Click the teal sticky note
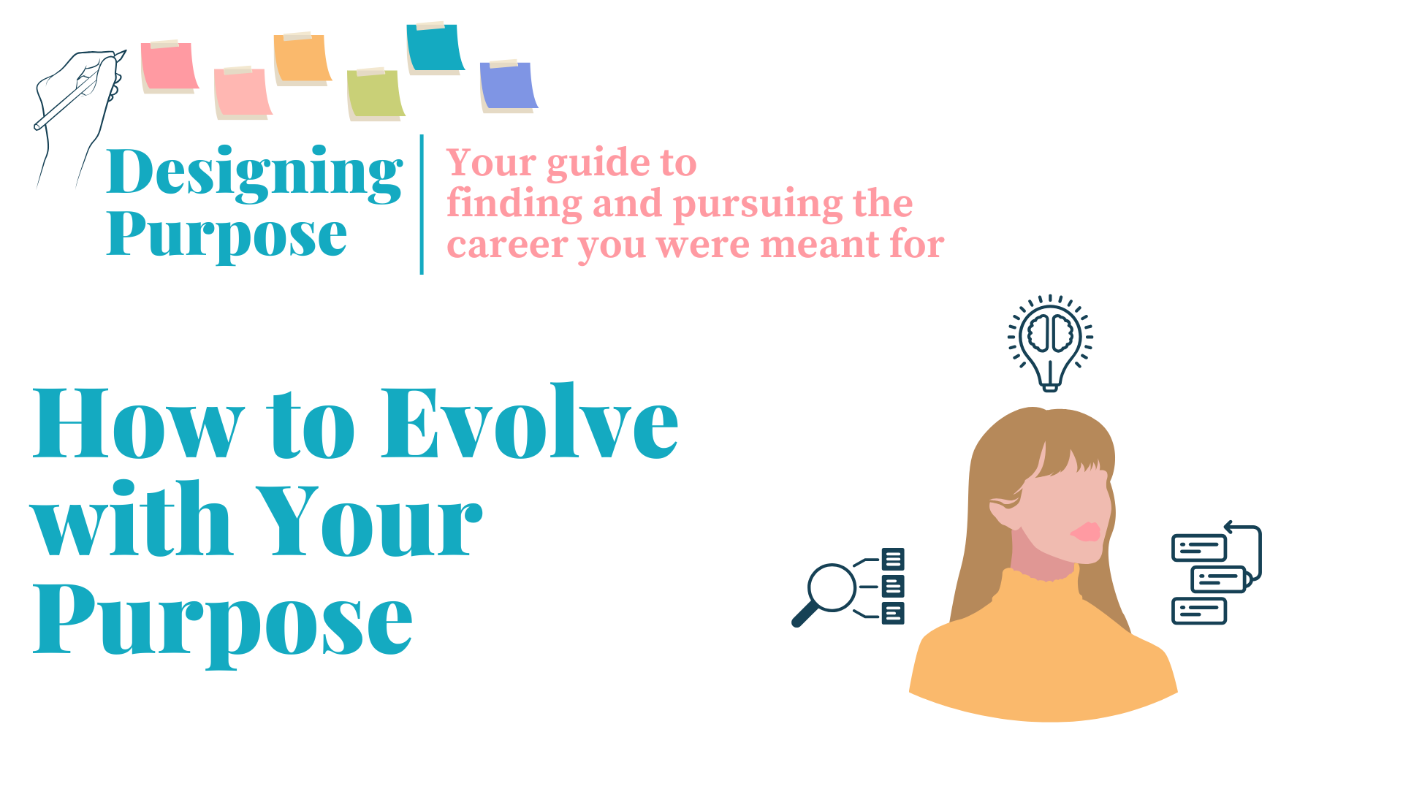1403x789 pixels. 436,48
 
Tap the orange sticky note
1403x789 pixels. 303,58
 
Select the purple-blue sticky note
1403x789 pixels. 509,86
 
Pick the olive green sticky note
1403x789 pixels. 376,94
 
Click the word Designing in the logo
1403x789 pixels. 254,174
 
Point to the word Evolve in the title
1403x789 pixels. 531,422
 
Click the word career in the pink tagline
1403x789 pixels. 506,245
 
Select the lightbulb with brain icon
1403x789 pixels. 1050,343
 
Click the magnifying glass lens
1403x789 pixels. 832,587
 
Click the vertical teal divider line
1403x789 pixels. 422,205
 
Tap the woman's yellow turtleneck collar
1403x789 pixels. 1043,584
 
